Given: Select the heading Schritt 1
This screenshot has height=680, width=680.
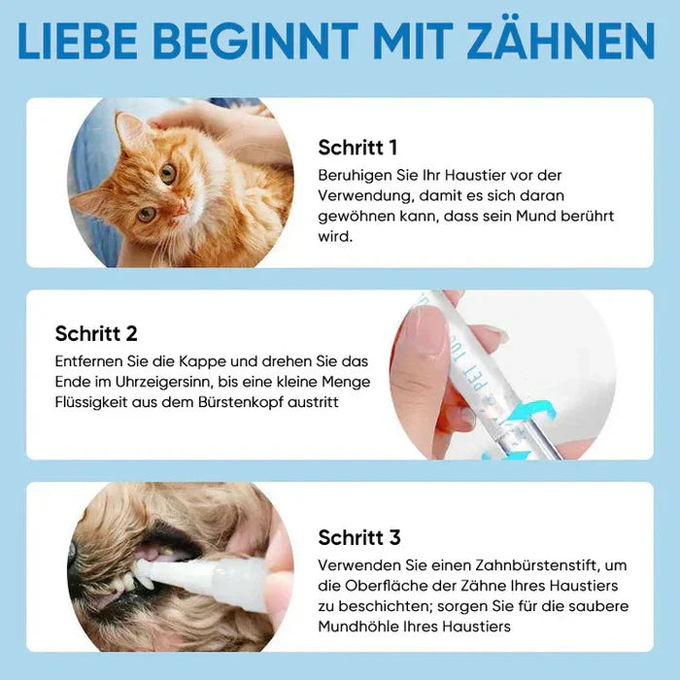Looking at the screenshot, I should (x=357, y=148).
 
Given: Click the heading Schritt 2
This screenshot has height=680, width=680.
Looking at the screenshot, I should (x=96, y=334).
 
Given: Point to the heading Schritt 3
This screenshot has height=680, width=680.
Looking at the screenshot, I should (x=358, y=537).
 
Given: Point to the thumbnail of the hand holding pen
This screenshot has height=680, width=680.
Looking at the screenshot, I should (x=501, y=375).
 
